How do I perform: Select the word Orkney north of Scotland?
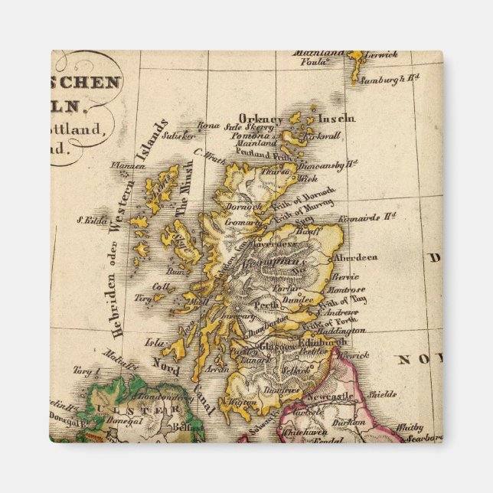[x=261, y=119]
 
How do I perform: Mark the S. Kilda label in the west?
[x=90, y=220]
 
